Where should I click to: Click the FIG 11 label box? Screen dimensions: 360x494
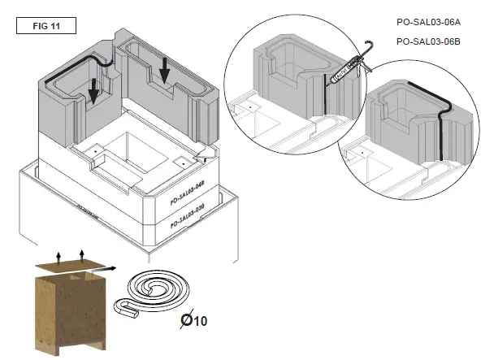(x=46, y=24)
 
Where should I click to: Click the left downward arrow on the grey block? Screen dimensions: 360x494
(x=94, y=91)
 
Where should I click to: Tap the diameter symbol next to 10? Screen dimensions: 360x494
(x=185, y=319)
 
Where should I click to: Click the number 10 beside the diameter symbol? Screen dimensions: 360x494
(x=201, y=320)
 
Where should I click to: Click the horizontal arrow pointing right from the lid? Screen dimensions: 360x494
(x=110, y=267)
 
